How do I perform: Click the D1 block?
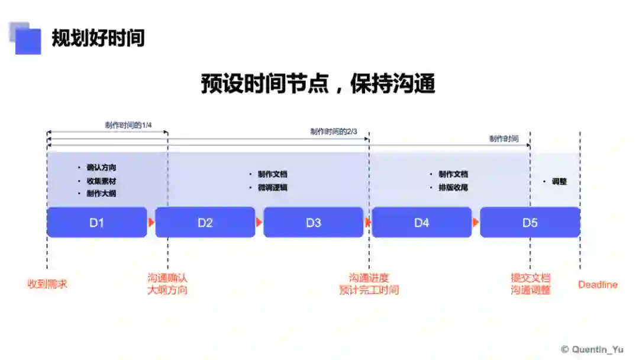click(96, 223)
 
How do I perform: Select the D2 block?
click(205, 223)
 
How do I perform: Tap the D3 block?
click(313, 223)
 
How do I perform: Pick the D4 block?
click(421, 223)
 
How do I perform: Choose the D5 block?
click(530, 223)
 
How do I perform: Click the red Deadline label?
click(598, 285)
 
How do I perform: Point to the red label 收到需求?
click(47, 284)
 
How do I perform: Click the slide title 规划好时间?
click(98, 38)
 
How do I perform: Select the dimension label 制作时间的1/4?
click(129, 125)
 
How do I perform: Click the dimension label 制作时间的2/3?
click(334, 131)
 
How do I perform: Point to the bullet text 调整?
click(559, 182)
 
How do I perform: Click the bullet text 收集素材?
click(101, 181)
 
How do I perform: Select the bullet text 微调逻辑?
click(272, 188)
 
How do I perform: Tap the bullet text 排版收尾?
click(453, 188)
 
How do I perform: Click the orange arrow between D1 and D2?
click(151, 223)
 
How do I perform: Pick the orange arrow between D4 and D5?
click(476, 223)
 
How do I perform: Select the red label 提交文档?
click(531, 278)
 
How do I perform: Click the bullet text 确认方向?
click(101, 168)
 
